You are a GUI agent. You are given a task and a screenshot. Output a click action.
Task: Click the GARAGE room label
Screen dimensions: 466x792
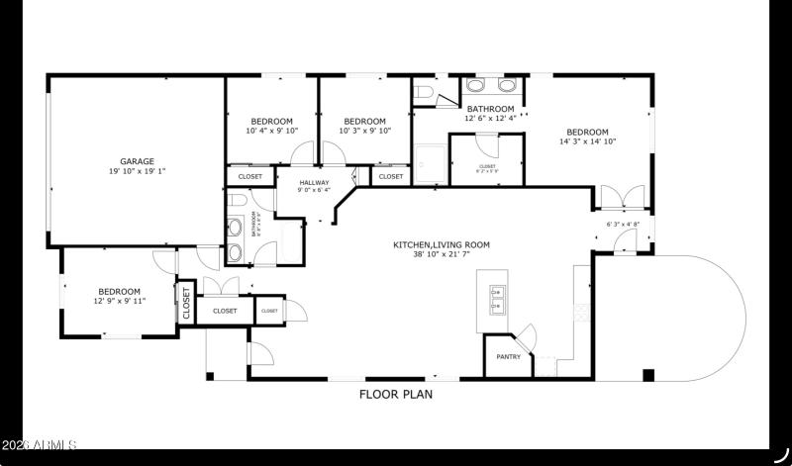pos(137,161)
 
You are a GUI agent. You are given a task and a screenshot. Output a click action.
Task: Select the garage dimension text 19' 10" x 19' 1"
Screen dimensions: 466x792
pos(137,171)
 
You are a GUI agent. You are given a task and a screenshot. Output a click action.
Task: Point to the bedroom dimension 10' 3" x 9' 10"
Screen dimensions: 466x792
pos(365,131)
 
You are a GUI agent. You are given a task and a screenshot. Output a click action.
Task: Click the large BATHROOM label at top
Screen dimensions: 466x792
pos(490,109)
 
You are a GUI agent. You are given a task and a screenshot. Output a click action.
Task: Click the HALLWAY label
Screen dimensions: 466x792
pos(313,182)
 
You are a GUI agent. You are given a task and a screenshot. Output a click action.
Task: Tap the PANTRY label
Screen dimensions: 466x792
pos(508,357)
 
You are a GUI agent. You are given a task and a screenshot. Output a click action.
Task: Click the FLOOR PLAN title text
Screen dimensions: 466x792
pos(395,394)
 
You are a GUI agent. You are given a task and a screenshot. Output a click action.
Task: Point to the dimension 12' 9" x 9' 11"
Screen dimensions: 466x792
pos(120,301)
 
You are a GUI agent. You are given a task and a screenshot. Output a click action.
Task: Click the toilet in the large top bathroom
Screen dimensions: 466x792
pos(424,92)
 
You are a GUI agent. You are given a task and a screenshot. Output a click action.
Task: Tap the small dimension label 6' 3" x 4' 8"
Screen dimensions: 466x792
pos(623,225)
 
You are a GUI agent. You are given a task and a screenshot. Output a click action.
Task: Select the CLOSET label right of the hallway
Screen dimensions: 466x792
pos(391,177)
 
